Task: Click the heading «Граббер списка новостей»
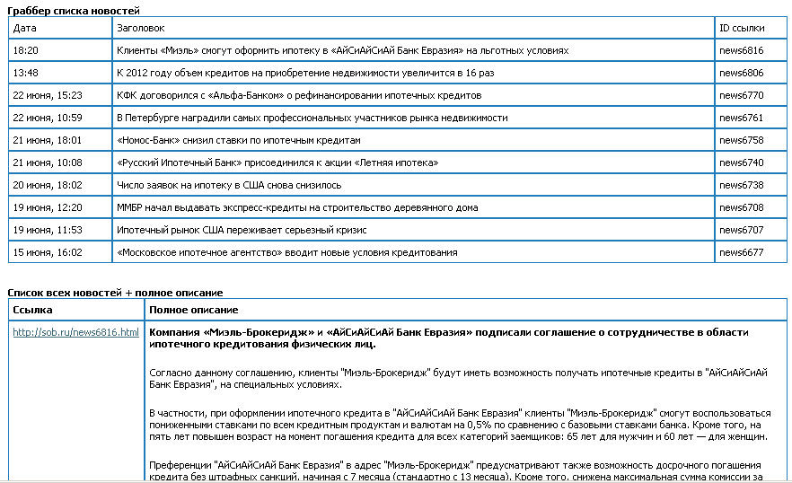coord(74,10)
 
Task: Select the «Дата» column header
coord(25,29)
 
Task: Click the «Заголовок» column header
coord(139,29)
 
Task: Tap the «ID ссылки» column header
coord(742,29)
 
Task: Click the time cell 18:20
coord(26,51)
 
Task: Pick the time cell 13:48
coord(26,73)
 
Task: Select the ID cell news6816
coord(741,51)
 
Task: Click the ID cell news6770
coord(741,95)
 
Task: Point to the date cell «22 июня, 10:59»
coord(48,118)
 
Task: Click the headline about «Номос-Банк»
coord(238,140)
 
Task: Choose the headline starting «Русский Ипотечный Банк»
coord(277,162)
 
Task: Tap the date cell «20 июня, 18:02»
coord(48,185)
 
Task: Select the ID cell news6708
coord(741,207)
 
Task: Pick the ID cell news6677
coord(741,252)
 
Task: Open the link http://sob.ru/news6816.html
coord(76,332)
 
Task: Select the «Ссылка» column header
coord(32,310)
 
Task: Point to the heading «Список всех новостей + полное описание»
coord(115,293)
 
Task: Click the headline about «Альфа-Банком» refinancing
coord(299,95)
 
